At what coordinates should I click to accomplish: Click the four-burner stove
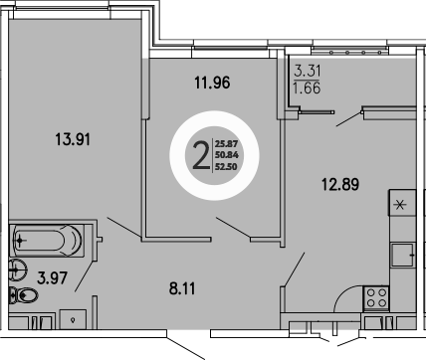pyautogui.click(x=377, y=295)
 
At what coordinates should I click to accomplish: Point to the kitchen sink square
pyautogui.click(x=402, y=254)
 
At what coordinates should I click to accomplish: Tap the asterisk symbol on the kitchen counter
pyautogui.click(x=400, y=206)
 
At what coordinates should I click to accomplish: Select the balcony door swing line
pyautogui.click(x=350, y=118)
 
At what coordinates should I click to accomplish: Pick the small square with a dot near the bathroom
pyautogui.click(x=74, y=318)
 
